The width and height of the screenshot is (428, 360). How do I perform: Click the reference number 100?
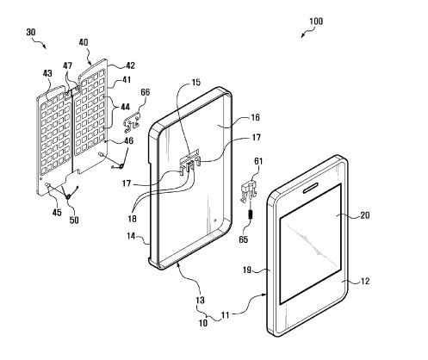click(x=316, y=22)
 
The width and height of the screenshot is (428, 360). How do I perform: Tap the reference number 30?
click(x=31, y=32)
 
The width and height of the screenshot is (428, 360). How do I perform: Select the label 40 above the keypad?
click(x=84, y=43)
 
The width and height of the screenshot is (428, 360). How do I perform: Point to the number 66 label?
click(x=146, y=92)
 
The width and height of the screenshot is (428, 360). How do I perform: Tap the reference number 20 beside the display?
click(x=364, y=215)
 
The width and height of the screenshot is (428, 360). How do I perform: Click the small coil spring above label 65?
click(x=251, y=214)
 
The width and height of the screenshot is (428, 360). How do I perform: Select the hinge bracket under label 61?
click(x=248, y=190)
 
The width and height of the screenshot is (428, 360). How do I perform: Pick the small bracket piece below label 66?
click(x=132, y=123)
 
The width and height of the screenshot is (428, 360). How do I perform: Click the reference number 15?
click(x=196, y=83)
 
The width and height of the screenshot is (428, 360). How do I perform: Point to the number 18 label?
click(x=132, y=219)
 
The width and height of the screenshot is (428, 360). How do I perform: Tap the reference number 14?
click(x=131, y=236)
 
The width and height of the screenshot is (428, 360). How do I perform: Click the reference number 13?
click(x=200, y=301)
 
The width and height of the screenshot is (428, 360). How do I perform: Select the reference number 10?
click(x=203, y=323)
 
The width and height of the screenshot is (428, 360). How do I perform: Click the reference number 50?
click(x=74, y=220)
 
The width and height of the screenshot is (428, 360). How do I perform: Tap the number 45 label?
click(x=57, y=213)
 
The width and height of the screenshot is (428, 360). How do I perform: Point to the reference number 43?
click(x=47, y=73)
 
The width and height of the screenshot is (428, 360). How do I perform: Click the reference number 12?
click(x=364, y=281)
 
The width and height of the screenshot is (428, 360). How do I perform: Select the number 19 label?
click(x=247, y=270)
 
